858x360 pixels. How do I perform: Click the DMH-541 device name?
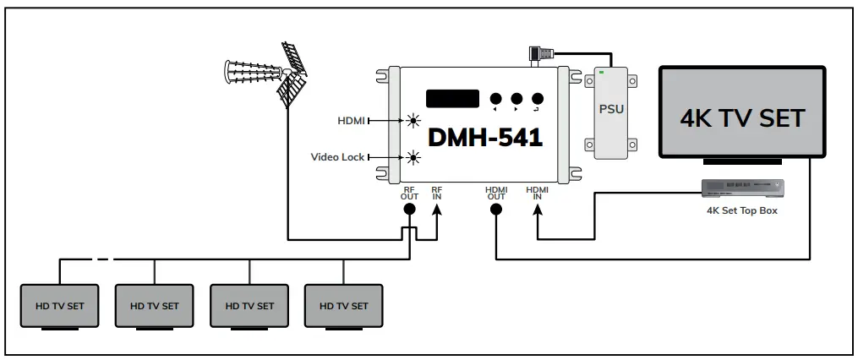pyautogui.click(x=484, y=137)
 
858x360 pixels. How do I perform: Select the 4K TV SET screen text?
pyautogui.click(x=742, y=117)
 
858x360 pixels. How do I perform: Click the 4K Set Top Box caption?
pyautogui.click(x=741, y=210)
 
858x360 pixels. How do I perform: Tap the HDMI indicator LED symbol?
pyautogui.click(x=413, y=121)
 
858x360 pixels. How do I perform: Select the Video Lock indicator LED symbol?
pyautogui.click(x=413, y=156)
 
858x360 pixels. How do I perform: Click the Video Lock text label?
pyautogui.click(x=337, y=156)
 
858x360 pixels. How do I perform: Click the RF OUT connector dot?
pyautogui.click(x=410, y=209)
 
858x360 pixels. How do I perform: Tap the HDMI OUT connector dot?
pyautogui.click(x=495, y=209)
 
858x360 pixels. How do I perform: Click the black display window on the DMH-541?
pyautogui.click(x=452, y=98)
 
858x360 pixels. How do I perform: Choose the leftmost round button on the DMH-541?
pyautogui.click(x=495, y=98)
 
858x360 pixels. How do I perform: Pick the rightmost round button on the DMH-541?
pyautogui.click(x=536, y=98)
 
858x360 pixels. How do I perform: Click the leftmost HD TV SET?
pyautogui.click(x=59, y=305)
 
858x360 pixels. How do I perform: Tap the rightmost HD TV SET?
pyautogui.click(x=343, y=305)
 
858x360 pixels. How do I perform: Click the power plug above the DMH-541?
pyautogui.click(x=537, y=53)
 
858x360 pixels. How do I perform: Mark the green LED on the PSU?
pyautogui.click(x=601, y=74)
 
